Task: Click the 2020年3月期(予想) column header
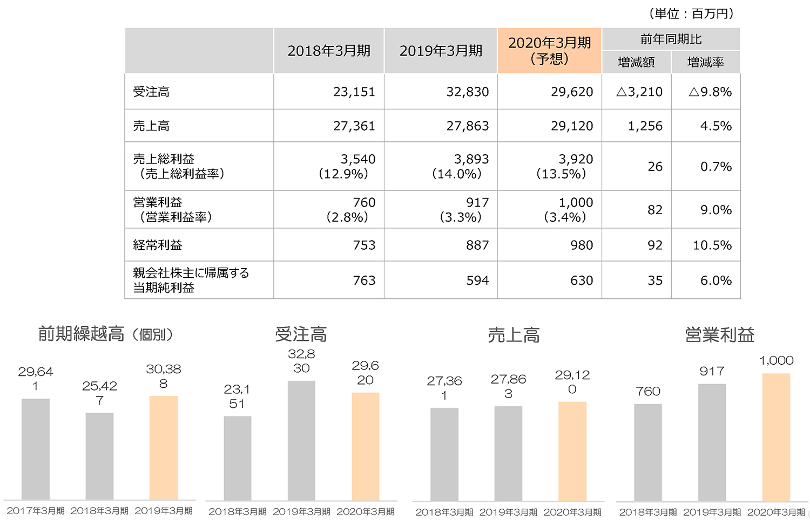coord(549,50)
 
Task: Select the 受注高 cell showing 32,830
coord(467,92)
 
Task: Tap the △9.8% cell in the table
coord(710,92)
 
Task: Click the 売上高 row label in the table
coord(151,126)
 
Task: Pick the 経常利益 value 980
coord(581,245)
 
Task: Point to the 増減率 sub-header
coord(705,62)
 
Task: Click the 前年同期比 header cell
coord(671,39)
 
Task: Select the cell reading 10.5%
coord(712,245)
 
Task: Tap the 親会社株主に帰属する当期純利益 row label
coord(190,280)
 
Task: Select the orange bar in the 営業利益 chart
coord(776,437)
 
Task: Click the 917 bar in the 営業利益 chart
coord(712,442)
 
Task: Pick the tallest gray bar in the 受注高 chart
coord(301,441)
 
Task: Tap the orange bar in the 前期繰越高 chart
coord(164,448)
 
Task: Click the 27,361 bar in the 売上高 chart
coord(444,454)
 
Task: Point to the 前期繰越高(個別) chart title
coord(106,334)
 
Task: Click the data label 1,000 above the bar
coord(776,360)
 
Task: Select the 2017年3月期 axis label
coord(36,510)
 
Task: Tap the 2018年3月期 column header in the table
coord(329,50)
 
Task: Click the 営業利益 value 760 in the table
coord(364,202)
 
